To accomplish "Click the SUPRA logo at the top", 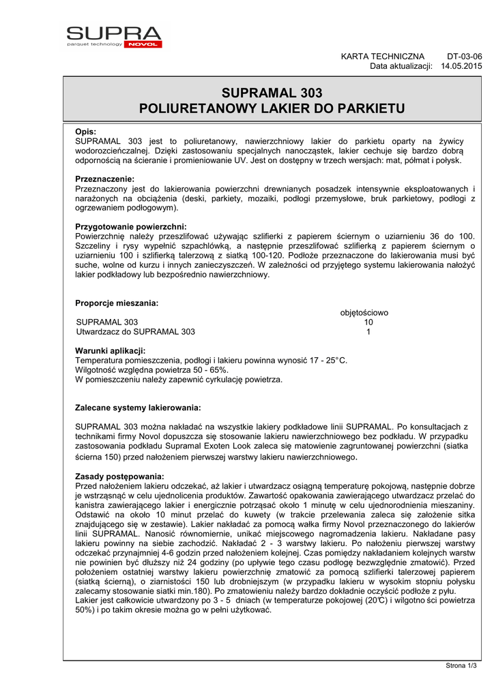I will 114,35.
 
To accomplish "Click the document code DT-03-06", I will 464,56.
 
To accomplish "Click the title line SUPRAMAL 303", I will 272,93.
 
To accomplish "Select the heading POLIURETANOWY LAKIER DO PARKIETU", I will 272,108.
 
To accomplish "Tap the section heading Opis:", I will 85,132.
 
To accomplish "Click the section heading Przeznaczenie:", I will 105,179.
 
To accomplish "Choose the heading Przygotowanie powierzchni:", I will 130,226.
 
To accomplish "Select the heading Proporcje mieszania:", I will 117,303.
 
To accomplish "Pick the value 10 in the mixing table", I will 368,322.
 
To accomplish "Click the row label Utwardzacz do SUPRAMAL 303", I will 135,332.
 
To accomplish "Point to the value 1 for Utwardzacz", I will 368,332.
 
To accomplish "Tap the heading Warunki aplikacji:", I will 110,350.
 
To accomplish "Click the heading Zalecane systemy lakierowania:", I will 137,408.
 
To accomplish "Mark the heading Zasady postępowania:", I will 119,476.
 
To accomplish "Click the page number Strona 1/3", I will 461,666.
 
